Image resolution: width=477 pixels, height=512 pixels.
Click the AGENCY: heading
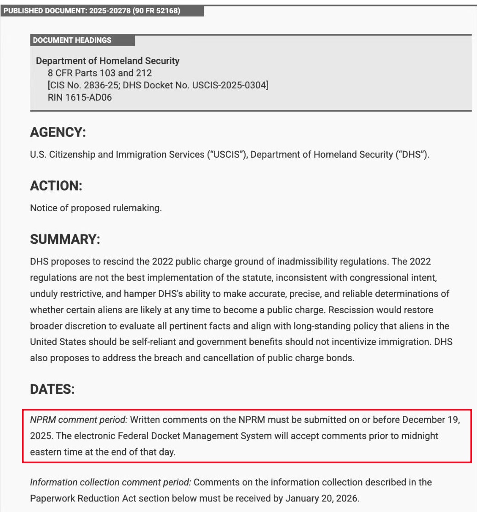(x=58, y=133)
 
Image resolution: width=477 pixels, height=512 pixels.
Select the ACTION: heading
(x=56, y=186)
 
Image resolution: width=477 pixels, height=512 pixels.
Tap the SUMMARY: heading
(x=65, y=240)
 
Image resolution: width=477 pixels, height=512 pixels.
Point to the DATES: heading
(x=52, y=389)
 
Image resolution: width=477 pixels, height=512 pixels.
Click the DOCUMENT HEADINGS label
(x=72, y=40)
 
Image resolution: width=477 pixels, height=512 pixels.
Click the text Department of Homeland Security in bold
(x=108, y=61)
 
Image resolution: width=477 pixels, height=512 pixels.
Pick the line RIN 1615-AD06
(x=80, y=97)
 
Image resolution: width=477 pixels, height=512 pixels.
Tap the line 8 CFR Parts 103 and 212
(x=99, y=73)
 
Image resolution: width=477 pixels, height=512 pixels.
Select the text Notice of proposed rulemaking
(x=96, y=208)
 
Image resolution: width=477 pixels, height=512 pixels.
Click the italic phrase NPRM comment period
(x=78, y=420)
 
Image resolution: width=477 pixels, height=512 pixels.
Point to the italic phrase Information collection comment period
(x=110, y=483)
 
